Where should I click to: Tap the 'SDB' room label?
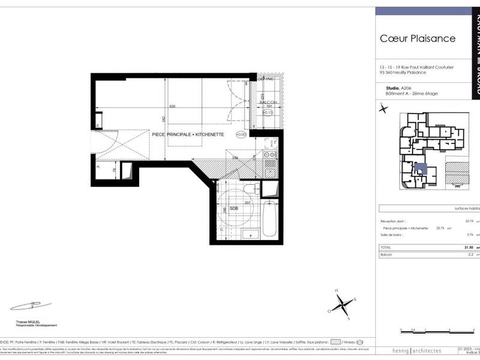coord(234,208)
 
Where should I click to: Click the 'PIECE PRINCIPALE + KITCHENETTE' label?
coord(187,135)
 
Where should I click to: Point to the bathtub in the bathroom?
coord(269,221)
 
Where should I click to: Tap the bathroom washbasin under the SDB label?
coord(245,233)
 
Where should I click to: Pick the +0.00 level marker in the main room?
coord(240,134)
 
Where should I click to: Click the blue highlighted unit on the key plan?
coord(421,169)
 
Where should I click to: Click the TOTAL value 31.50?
coord(469,247)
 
